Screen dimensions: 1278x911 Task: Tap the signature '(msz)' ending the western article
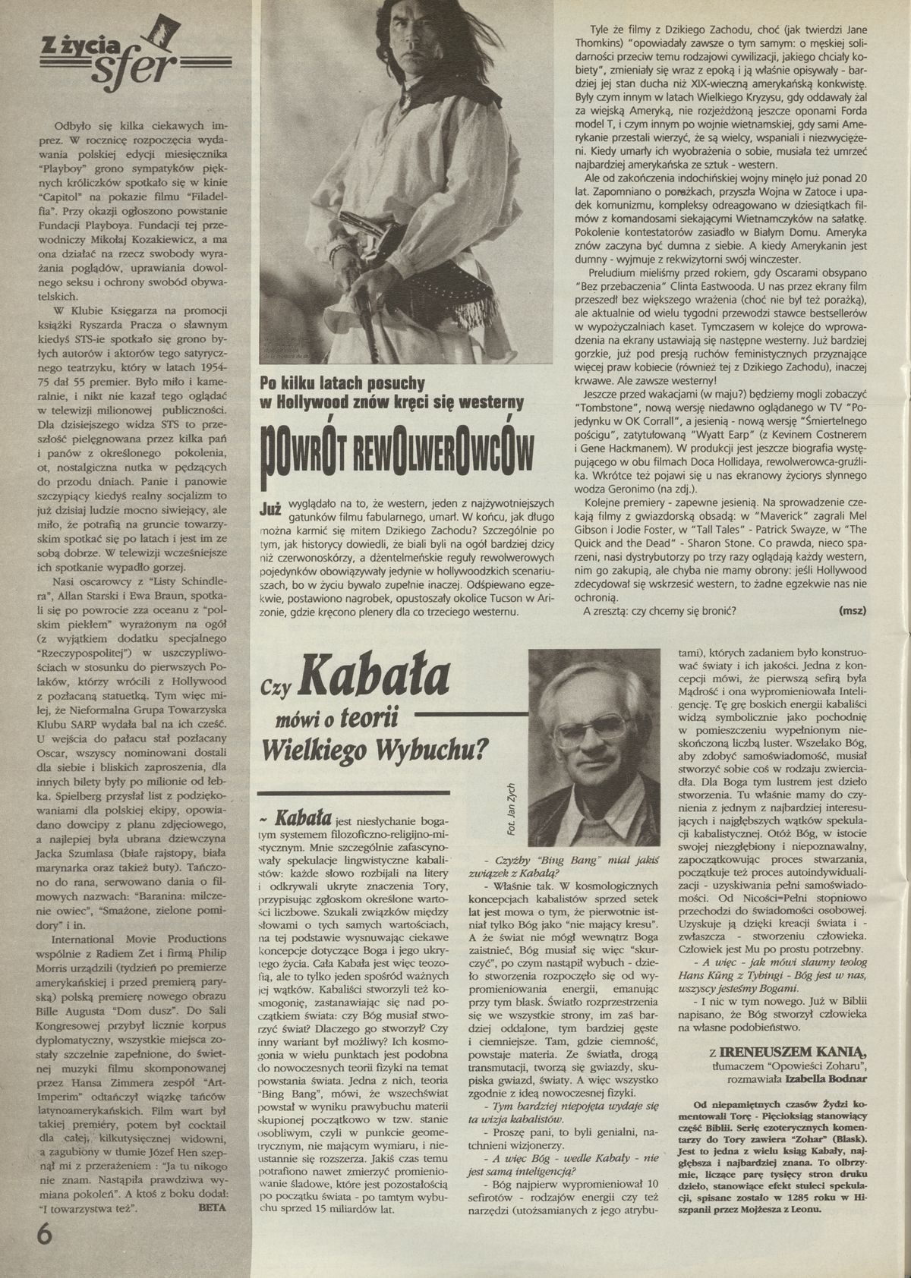pyautogui.click(x=853, y=609)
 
